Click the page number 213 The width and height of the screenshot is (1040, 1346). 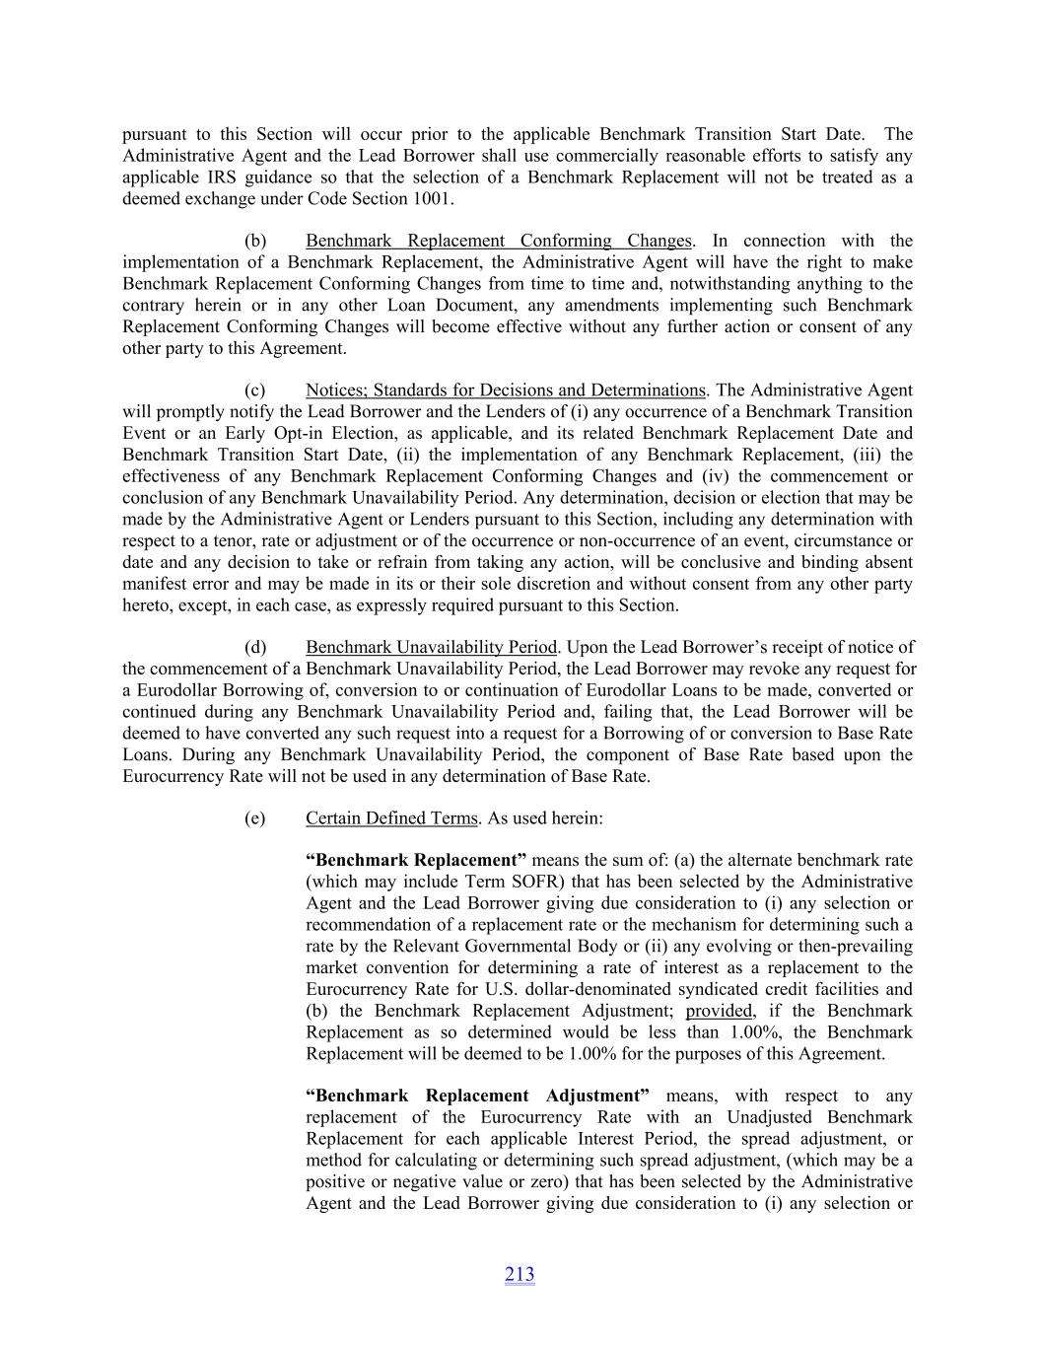520,1274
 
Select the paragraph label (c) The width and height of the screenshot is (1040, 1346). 254,390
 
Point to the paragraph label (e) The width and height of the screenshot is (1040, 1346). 254,818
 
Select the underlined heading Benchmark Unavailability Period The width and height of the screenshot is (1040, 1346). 431,648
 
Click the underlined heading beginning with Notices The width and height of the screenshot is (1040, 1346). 505,390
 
